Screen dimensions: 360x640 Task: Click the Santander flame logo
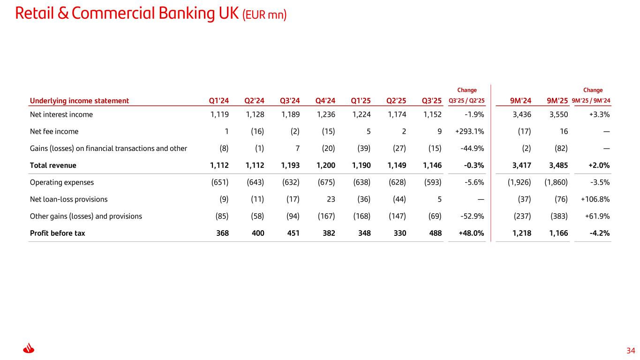pos(29,349)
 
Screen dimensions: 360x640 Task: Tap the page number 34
pos(631,351)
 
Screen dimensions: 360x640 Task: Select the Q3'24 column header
pos(290,100)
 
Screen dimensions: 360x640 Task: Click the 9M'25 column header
pos(557,100)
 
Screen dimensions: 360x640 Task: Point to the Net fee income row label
pos(54,132)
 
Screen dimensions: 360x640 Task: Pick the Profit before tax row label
pos(57,233)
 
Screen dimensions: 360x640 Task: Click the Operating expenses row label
pos(61,182)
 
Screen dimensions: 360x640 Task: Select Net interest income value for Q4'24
pos(326,114)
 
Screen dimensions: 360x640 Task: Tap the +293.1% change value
pos(469,132)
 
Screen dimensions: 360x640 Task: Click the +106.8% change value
pos(595,199)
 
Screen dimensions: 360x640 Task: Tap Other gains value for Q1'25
pos(361,216)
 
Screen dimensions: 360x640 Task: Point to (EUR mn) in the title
pos(264,15)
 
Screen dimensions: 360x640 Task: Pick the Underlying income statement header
pos(79,100)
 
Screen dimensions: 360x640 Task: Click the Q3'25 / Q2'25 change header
pos(467,100)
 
